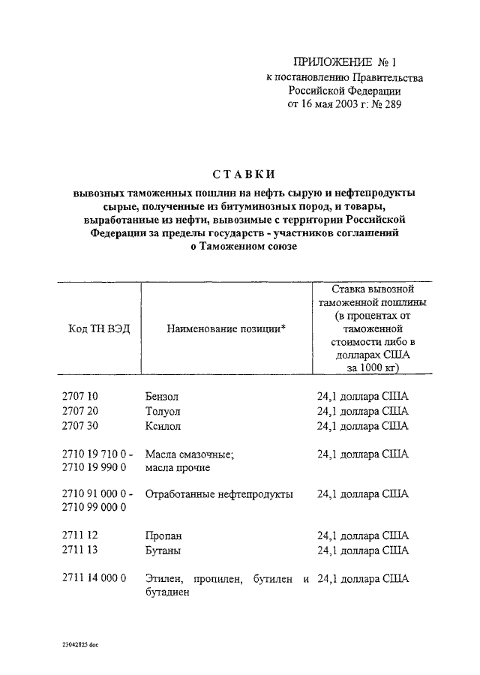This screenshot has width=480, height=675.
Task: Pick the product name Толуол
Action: (163, 411)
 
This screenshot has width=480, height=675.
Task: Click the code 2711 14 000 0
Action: (93, 578)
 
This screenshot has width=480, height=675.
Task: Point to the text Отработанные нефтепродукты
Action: (219, 494)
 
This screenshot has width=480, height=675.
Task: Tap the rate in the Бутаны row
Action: (362, 550)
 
